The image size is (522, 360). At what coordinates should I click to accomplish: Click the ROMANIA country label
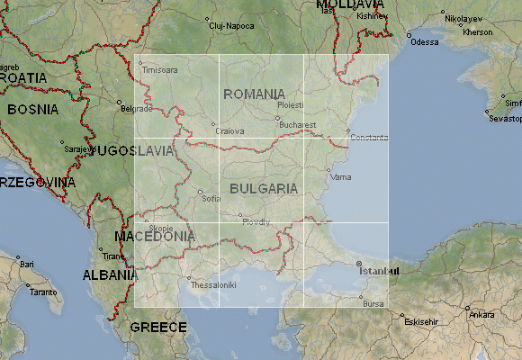click(255, 94)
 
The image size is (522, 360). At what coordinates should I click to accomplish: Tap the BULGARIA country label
click(264, 189)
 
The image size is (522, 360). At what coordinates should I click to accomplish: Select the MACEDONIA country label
click(155, 237)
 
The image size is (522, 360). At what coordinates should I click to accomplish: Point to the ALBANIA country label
click(110, 275)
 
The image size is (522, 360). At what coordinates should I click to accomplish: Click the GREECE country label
click(158, 328)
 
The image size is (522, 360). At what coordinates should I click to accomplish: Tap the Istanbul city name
click(378, 270)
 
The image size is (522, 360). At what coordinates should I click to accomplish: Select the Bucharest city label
click(298, 125)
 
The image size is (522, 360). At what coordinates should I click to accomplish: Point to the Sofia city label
click(212, 198)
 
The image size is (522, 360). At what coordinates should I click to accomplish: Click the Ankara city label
click(481, 315)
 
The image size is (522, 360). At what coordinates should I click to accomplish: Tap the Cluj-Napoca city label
click(231, 26)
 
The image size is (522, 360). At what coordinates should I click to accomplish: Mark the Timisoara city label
click(160, 69)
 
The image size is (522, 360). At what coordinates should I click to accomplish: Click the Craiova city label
click(230, 130)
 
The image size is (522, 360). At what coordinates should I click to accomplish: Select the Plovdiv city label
click(256, 221)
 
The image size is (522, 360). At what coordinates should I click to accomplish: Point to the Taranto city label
click(42, 292)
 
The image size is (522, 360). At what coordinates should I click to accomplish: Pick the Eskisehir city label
click(421, 321)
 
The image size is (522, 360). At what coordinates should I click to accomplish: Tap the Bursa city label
click(373, 304)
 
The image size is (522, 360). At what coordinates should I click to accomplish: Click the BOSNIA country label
click(35, 110)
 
